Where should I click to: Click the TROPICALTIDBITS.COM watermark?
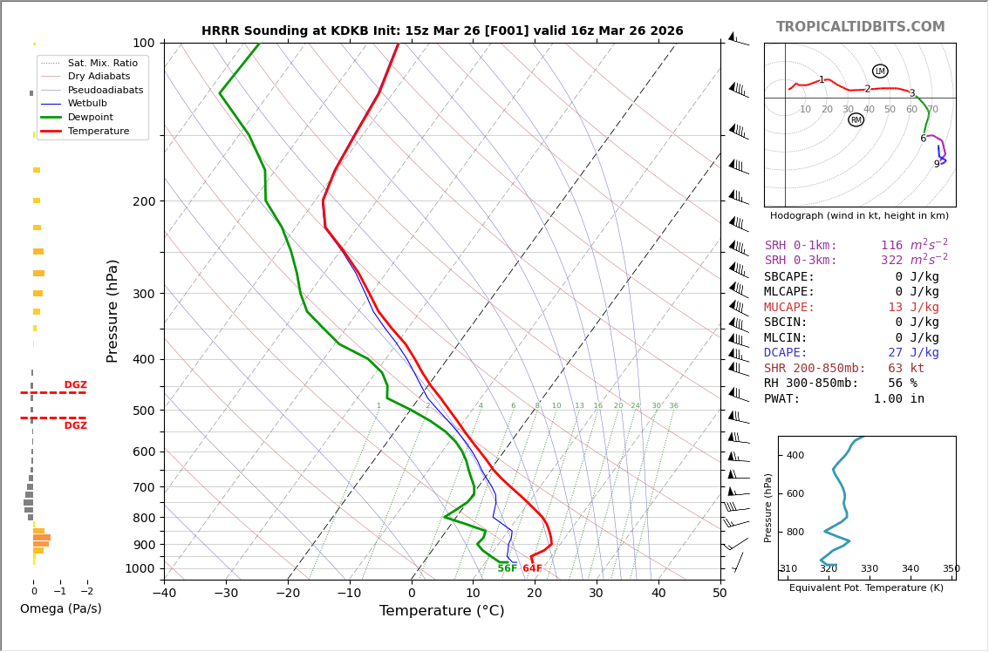click(860, 27)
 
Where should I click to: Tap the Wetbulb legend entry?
click(87, 104)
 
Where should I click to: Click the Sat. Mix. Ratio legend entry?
click(102, 63)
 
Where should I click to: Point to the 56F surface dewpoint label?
click(507, 568)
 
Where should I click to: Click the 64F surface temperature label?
click(532, 569)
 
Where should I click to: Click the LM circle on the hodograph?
click(880, 71)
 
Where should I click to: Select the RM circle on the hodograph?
click(856, 119)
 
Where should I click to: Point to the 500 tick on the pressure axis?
click(144, 411)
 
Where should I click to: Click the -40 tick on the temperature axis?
click(164, 594)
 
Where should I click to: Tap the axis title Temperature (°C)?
click(441, 611)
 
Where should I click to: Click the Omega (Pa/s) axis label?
click(61, 608)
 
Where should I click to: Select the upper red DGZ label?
click(75, 385)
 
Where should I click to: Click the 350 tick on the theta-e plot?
click(951, 569)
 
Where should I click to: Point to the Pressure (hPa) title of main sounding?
click(113, 310)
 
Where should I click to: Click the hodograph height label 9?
click(937, 164)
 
